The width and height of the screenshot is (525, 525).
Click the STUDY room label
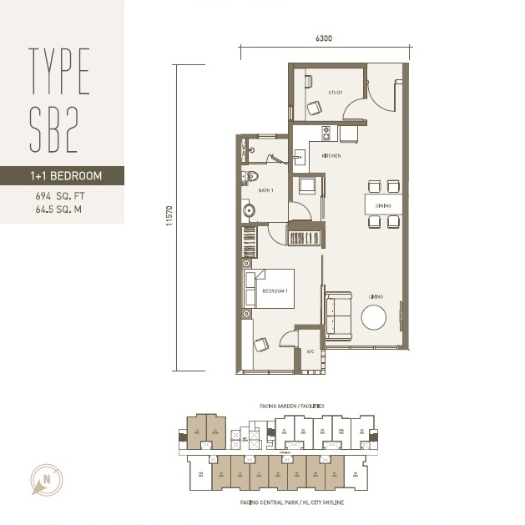(x=336, y=92)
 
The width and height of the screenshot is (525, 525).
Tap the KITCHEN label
(x=331, y=156)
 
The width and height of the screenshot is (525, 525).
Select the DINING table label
(x=383, y=204)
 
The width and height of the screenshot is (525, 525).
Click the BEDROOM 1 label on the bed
(x=275, y=290)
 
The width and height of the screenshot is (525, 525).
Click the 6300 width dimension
(x=324, y=38)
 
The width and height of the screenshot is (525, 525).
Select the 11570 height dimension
(x=169, y=218)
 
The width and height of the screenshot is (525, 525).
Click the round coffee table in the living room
(x=374, y=318)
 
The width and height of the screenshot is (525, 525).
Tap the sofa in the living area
(x=337, y=316)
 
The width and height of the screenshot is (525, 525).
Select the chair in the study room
(x=315, y=107)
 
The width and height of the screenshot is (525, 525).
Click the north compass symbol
(x=42, y=479)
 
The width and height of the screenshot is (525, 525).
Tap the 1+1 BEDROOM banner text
(x=63, y=176)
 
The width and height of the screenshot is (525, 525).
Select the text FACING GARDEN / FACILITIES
(x=286, y=406)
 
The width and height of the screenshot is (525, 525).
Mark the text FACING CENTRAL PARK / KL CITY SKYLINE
(x=291, y=503)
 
